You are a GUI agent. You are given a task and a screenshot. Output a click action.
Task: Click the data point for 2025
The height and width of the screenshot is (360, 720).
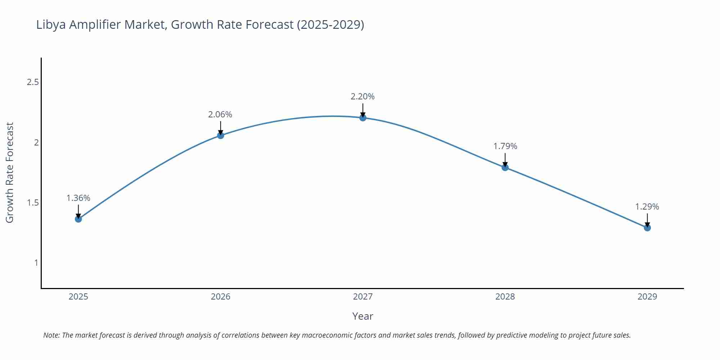tap(78, 219)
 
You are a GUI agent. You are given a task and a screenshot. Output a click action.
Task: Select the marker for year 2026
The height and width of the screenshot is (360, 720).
tap(221, 135)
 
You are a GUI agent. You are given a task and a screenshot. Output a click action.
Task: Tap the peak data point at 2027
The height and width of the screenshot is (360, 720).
tap(363, 118)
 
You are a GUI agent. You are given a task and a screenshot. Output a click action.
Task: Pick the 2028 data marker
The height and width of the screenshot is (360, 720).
tap(505, 167)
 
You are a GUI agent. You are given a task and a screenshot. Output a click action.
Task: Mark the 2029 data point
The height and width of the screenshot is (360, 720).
tap(647, 228)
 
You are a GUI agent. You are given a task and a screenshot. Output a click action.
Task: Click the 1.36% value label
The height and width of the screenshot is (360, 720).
tap(78, 198)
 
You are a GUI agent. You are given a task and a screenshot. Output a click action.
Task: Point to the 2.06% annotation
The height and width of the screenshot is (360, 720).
tap(220, 114)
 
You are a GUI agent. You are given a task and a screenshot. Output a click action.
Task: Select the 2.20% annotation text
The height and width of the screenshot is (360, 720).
tap(363, 96)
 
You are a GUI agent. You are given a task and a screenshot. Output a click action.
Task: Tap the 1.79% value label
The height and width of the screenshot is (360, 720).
tap(505, 146)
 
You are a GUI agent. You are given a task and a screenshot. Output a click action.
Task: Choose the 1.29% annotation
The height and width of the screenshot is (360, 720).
tap(647, 207)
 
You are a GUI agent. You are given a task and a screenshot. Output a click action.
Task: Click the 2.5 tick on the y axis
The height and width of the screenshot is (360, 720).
tap(33, 82)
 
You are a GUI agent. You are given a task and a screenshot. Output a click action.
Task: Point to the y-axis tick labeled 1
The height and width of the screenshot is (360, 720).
tap(36, 263)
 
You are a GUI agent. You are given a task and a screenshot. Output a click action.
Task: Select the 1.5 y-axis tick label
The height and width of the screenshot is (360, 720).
tap(33, 203)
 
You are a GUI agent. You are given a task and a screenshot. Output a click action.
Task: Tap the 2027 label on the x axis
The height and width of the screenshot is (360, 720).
tap(363, 297)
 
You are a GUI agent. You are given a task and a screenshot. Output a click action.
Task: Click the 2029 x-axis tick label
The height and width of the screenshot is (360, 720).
tap(647, 297)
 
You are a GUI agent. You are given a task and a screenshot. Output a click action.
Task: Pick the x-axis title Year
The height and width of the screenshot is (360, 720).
tap(363, 316)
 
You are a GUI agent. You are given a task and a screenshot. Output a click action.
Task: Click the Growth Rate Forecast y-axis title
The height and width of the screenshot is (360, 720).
tap(10, 173)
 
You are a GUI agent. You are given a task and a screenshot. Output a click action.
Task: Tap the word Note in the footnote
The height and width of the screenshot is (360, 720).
tap(51, 335)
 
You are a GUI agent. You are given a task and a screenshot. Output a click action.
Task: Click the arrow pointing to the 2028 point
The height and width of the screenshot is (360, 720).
tap(505, 160)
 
